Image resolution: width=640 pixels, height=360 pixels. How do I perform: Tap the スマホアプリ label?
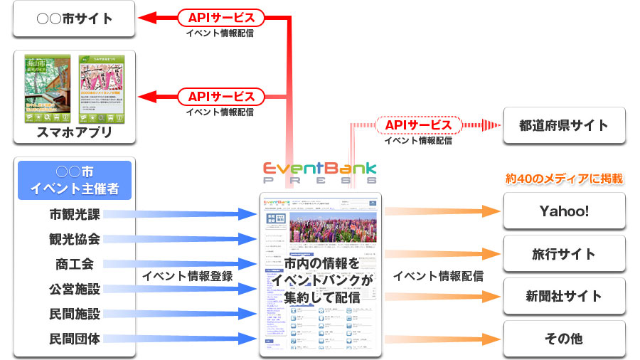point(75,133)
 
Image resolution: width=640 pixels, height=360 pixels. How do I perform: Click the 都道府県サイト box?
point(564,125)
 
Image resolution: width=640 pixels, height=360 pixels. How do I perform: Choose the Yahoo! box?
point(564,211)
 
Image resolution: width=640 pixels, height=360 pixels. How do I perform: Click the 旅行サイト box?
point(564,253)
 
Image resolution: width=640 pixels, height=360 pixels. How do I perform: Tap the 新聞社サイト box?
point(564,296)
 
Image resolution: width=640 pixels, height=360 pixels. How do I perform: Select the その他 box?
point(564,338)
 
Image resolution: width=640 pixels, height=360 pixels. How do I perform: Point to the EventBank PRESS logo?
point(320,173)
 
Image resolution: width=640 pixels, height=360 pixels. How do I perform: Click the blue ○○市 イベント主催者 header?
point(75,180)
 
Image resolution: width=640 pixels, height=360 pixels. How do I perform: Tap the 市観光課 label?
point(75,213)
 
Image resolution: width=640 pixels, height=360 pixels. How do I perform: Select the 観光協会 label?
point(75,238)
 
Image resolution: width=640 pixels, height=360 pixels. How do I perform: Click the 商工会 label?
point(75,264)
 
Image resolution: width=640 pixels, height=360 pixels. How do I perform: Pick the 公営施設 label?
point(75,289)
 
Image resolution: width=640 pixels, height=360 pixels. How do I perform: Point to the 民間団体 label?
point(75,339)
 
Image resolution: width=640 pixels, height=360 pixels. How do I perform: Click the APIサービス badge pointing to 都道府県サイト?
point(418,125)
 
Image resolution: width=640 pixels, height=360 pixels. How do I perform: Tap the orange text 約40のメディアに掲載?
point(564,178)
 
